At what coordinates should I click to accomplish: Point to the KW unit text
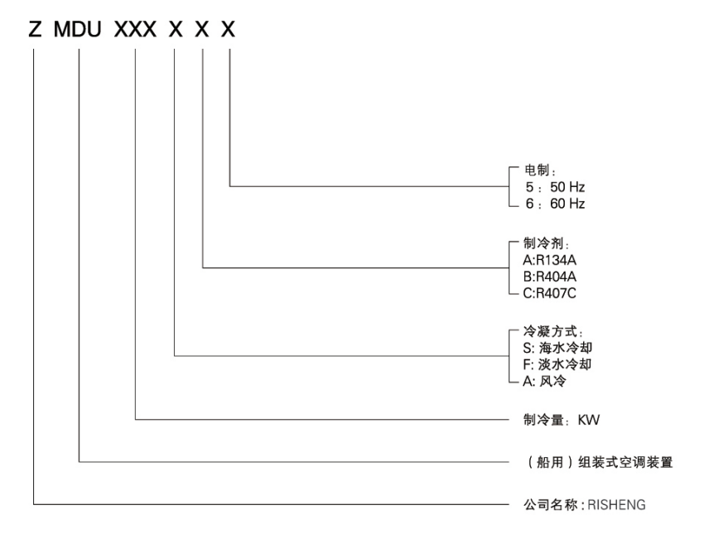(589, 421)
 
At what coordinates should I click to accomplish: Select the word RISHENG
(621, 503)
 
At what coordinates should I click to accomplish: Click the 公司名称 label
(549, 503)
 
